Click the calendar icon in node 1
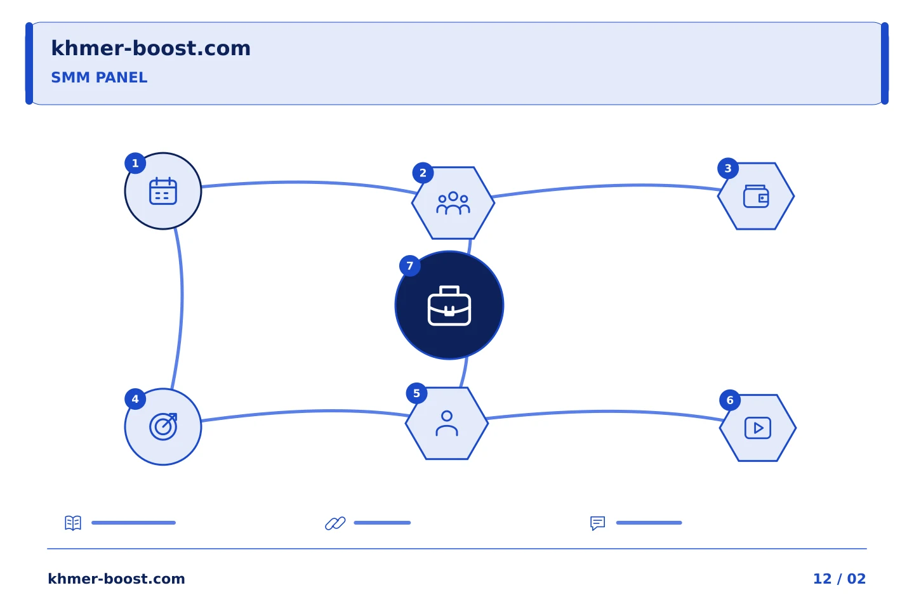click(x=162, y=191)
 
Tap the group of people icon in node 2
click(x=453, y=203)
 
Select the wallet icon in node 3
click(x=756, y=196)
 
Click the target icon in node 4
click(x=163, y=427)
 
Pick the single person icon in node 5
click(x=447, y=423)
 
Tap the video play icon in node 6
click(x=758, y=428)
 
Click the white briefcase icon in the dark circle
click(x=449, y=306)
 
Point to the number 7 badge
click(x=409, y=266)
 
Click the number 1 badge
click(x=135, y=164)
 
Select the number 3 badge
click(x=728, y=169)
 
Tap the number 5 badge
click(x=416, y=393)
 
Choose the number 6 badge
click(x=730, y=400)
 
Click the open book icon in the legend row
click(x=73, y=523)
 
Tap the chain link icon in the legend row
click(x=335, y=523)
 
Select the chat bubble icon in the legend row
click(x=598, y=523)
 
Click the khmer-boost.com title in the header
click(x=150, y=48)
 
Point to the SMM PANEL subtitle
click(x=99, y=77)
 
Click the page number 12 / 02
click(x=839, y=579)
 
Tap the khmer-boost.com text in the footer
click(x=116, y=579)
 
